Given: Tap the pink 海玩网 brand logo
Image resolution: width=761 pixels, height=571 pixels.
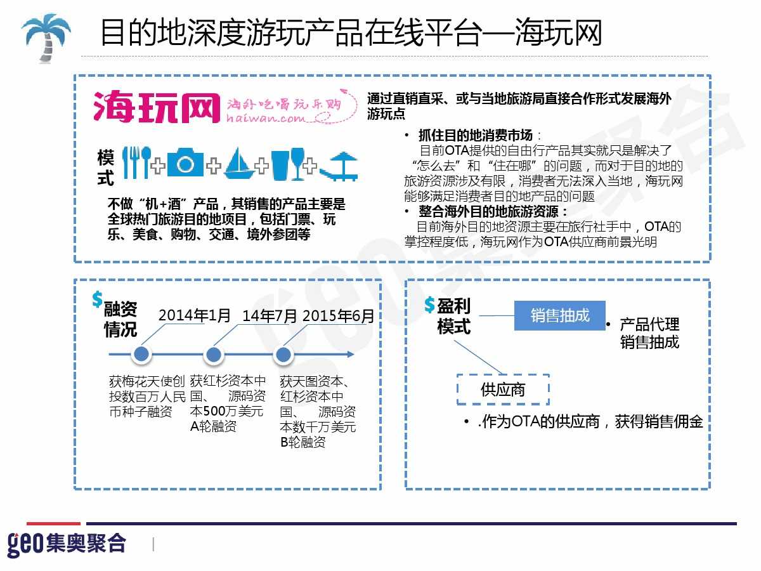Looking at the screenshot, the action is click(x=157, y=107).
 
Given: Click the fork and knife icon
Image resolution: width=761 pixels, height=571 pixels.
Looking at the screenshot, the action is click(x=137, y=162).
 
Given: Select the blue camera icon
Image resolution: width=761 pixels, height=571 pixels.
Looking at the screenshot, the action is click(x=185, y=162).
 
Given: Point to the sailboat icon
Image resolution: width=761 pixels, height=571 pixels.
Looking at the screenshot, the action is click(x=239, y=163).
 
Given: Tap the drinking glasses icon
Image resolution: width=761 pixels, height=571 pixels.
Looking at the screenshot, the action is click(x=288, y=164).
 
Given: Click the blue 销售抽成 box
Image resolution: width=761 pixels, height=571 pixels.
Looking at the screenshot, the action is click(x=559, y=315).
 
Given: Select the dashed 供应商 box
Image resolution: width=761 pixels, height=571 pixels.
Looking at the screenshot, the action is click(x=503, y=390).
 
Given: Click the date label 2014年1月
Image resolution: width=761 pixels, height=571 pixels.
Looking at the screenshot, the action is click(x=195, y=315).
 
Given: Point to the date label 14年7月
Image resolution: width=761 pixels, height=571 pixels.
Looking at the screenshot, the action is click(x=270, y=316).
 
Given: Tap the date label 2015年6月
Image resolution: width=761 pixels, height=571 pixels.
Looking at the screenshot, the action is click(x=339, y=316).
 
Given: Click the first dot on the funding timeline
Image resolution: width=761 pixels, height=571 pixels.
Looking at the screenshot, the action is click(x=141, y=354).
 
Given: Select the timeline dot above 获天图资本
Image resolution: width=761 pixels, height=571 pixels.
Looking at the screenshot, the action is click(x=283, y=355).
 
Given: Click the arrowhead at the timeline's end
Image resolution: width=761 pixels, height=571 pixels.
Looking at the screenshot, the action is click(x=351, y=354).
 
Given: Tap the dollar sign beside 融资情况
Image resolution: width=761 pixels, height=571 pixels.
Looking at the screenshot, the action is click(x=98, y=299).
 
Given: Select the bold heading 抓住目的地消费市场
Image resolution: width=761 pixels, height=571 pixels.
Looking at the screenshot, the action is click(x=476, y=135).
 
